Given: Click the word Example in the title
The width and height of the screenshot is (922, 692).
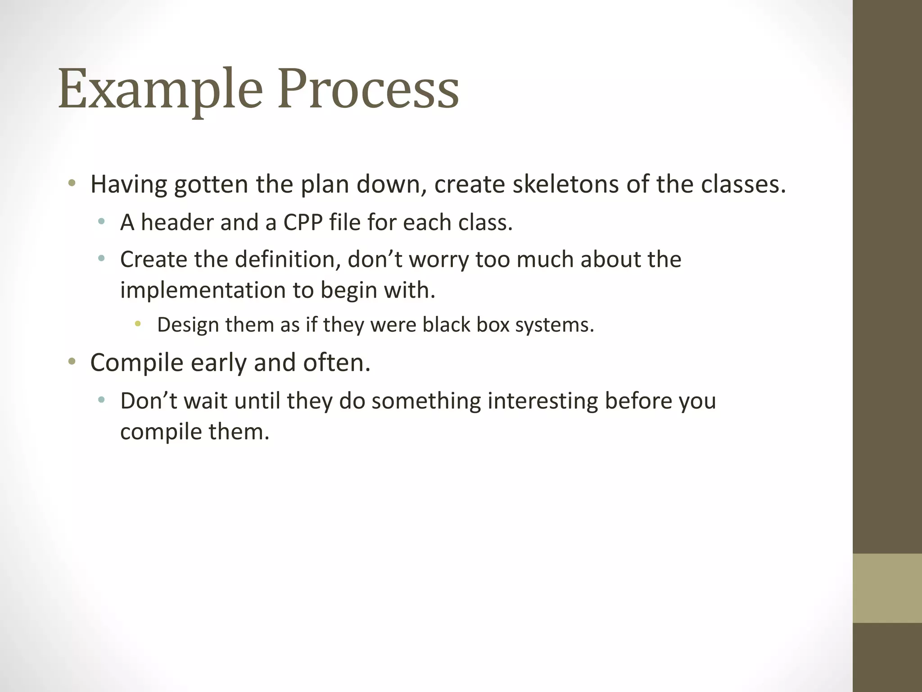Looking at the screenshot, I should coord(160,89).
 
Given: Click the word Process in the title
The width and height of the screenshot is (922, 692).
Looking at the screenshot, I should coord(368,89).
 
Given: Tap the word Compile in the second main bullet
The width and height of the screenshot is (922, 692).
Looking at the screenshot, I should coord(137,363).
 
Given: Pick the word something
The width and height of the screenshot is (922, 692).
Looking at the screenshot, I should coord(426,401).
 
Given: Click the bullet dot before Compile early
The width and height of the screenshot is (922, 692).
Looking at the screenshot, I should coord(72,361).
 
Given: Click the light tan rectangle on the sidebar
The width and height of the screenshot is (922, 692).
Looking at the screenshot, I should coord(887,588).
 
